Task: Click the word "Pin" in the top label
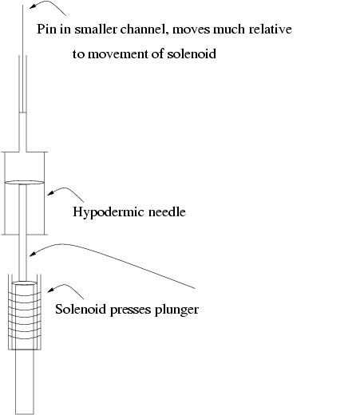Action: [46, 29]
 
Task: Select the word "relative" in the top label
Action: [271, 29]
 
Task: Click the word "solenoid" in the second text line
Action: [192, 53]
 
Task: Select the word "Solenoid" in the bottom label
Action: [81, 309]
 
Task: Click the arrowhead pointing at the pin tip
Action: [32, 6]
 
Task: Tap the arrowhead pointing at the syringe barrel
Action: [50, 193]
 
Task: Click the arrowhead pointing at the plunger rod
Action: [33, 254]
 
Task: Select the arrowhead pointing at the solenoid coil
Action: [50, 290]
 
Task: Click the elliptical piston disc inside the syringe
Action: [25, 182]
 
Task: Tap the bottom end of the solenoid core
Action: [25, 413]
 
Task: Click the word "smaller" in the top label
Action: [96, 29]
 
